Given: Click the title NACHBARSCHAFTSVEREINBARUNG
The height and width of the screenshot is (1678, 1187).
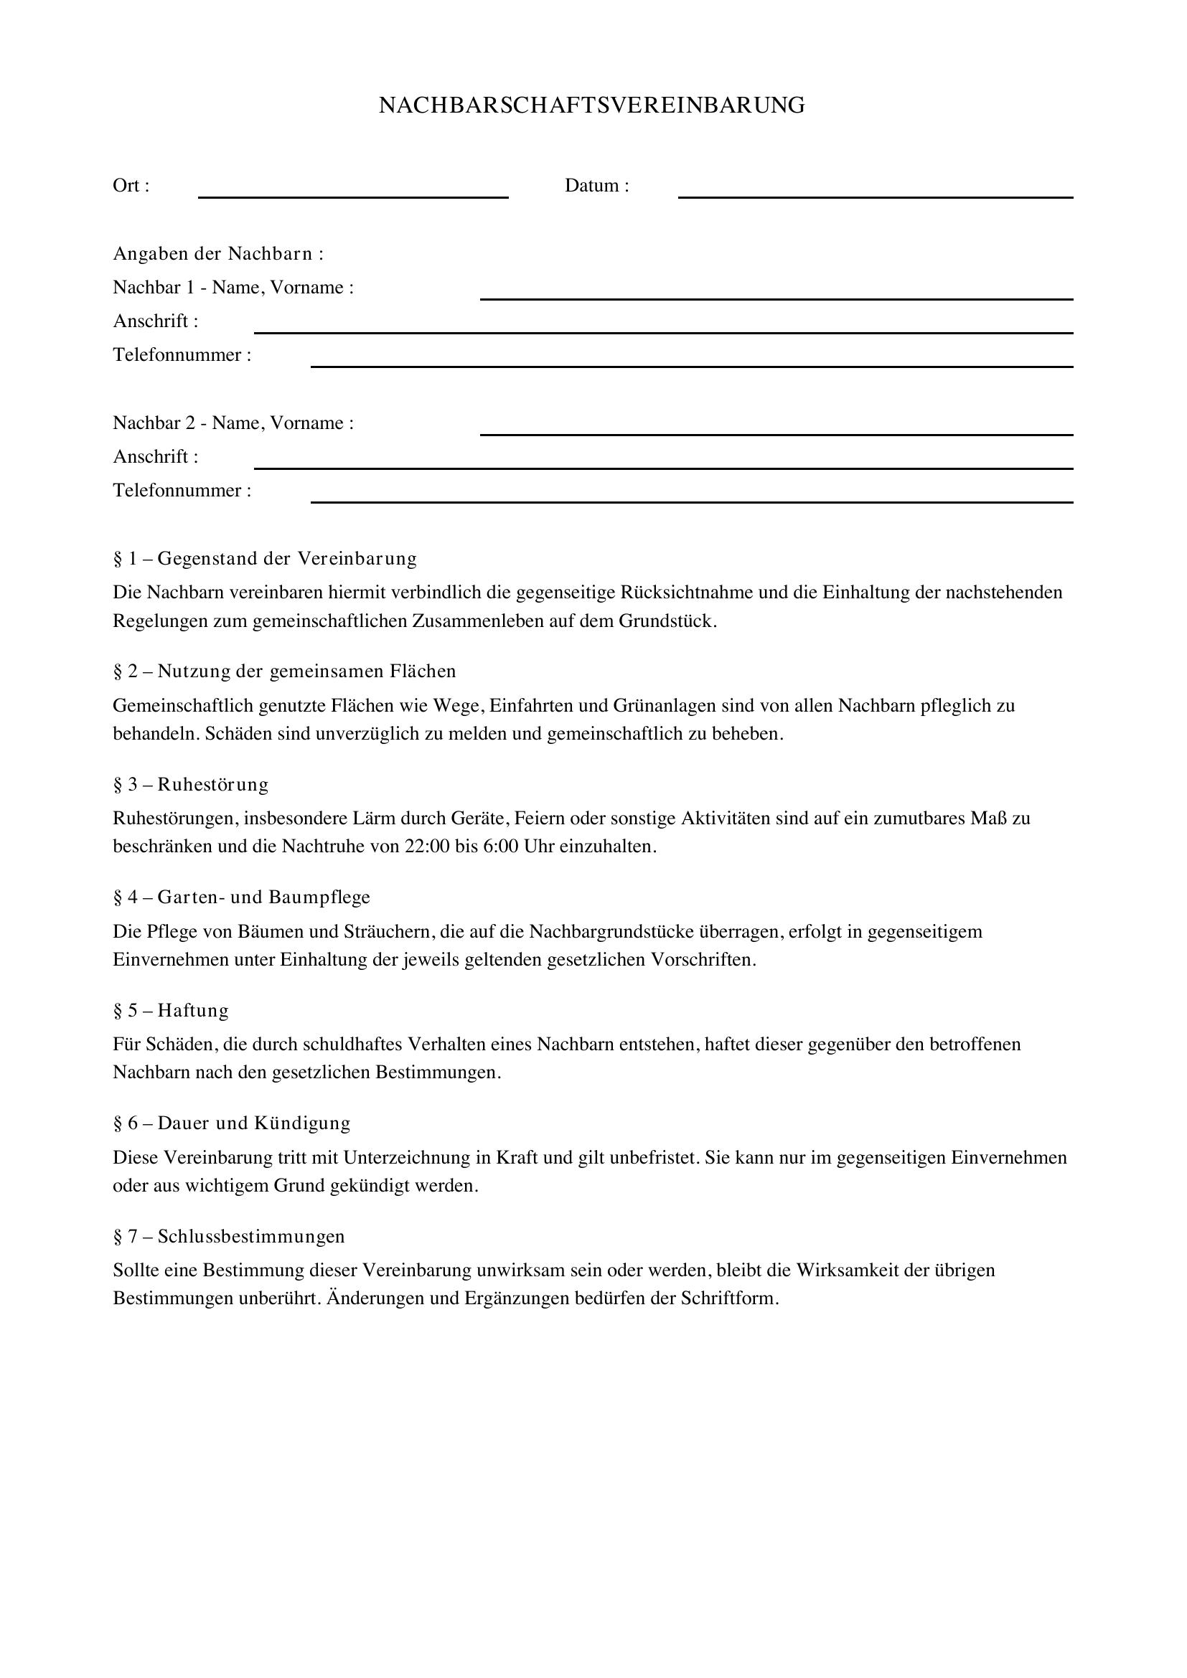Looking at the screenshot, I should coord(592,105).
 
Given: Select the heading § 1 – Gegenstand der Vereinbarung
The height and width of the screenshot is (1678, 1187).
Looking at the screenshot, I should coord(265,558).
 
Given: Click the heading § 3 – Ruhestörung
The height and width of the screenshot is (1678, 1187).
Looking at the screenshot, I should coord(191,784).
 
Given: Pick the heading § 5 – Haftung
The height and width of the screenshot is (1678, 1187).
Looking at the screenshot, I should coord(170,1010).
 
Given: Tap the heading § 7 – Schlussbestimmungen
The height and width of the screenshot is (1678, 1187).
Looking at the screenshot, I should coord(229,1236).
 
